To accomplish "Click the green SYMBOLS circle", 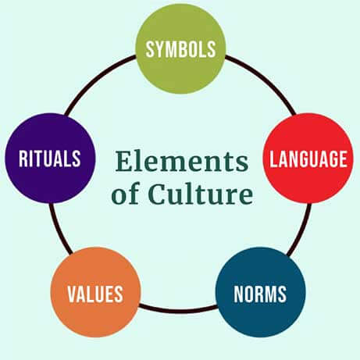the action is (180, 48).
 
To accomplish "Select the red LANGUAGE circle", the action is (308, 158).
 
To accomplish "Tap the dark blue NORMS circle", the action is (260, 292).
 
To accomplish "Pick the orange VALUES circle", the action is (95, 292).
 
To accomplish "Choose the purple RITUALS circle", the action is (50, 158).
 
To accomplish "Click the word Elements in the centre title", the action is (182, 161).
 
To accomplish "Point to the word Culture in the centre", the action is (201, 193).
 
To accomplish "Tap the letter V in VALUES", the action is (73, 294).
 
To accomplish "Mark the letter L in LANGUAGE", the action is (273, 159).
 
